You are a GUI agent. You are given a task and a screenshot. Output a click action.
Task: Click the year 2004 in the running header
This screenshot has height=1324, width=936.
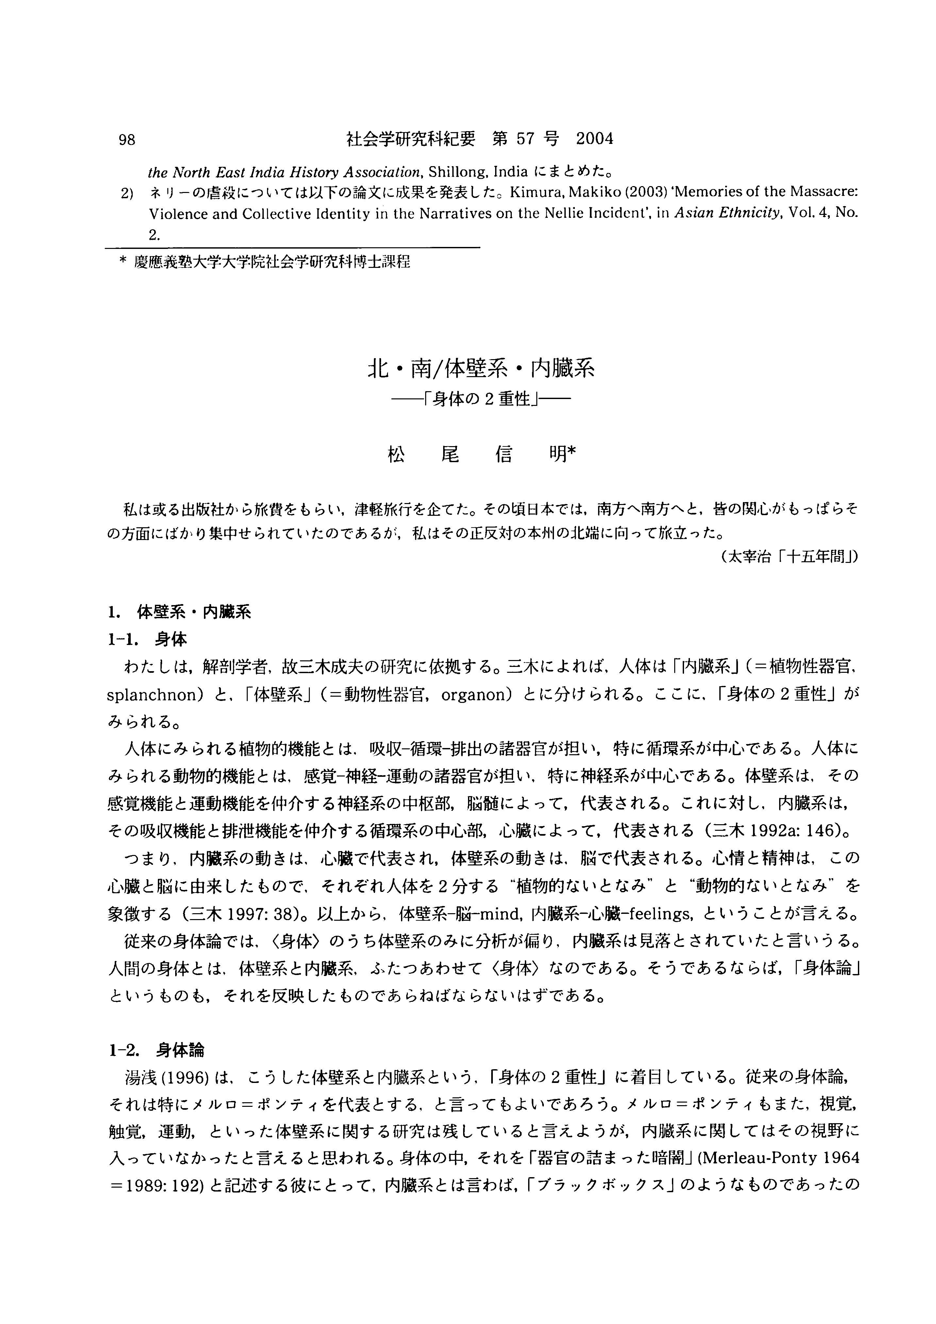click(595, 139)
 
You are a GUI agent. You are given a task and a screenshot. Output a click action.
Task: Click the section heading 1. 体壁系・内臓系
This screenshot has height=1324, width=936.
click(179, 612)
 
